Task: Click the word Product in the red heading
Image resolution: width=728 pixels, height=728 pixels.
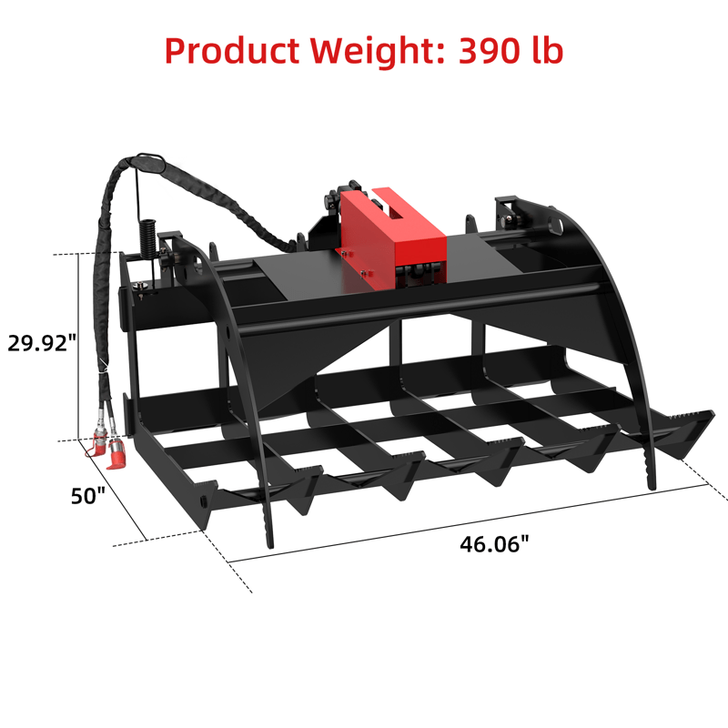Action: pyautogui.click(x=232, y=51)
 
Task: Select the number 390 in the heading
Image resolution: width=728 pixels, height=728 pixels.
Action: pyautogui.click(x=489, y=51)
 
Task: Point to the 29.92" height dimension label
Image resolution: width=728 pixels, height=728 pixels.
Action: pyautogui.click(x=42, y=343)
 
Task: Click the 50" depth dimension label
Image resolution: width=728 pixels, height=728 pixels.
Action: pyautogui.click(x=88, y=496)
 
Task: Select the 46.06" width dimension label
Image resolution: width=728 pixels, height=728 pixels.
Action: pyautogui.click(x=494, y=543)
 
